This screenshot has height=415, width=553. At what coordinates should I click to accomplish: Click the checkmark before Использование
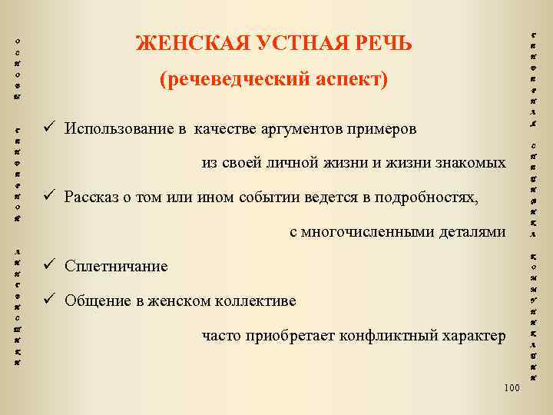point(48,128)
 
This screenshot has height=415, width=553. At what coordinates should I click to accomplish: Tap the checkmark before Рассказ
point(48,197)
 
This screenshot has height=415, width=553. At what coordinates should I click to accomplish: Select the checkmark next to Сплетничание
point(48,266)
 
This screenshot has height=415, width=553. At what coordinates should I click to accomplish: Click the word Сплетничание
point(116,267)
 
